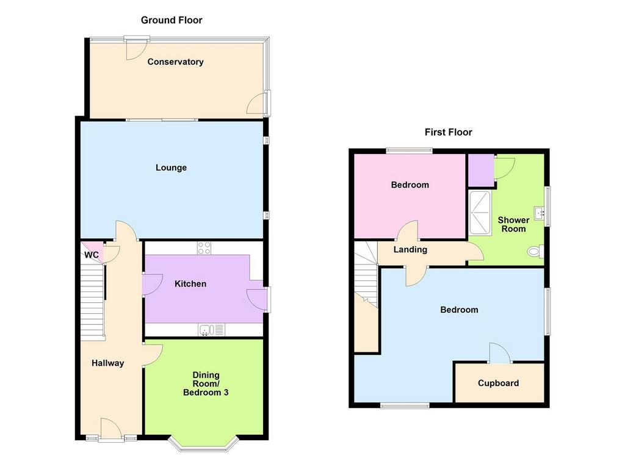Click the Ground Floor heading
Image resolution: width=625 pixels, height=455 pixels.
click(x=172, y=20)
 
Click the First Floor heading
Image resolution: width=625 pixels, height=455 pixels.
click(x=448, y=132)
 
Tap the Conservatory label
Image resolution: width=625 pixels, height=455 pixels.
click(x=175, y=62)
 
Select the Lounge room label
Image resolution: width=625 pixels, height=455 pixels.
click(x=171, y=167)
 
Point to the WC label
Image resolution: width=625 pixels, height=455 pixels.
click(x=92, y=255)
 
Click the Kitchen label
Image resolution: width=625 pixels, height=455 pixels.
click(x=190, y=284)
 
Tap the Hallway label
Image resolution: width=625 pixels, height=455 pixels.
click(x=107, y=363)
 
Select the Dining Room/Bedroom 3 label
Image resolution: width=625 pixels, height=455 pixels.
click(x=206, y=384)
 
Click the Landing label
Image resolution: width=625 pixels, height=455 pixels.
click(x=410, y=250)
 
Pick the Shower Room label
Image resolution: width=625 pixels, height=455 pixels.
click(x=513, y=225)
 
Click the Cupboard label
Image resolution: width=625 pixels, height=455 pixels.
click(x=498, y=383)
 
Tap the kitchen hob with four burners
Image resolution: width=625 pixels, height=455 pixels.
click(x=204, y=248)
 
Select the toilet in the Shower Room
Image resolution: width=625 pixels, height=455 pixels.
click(x=535, y=251)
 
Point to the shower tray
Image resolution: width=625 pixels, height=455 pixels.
click(x=480, y=213)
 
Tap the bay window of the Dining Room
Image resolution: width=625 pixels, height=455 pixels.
click(x=203, y=442)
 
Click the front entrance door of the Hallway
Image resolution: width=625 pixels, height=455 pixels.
click(x=111, y=430)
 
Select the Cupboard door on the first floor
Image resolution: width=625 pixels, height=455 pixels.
click(x=500, y=353)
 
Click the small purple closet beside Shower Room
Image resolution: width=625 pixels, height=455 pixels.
click(x=481, y=170)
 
